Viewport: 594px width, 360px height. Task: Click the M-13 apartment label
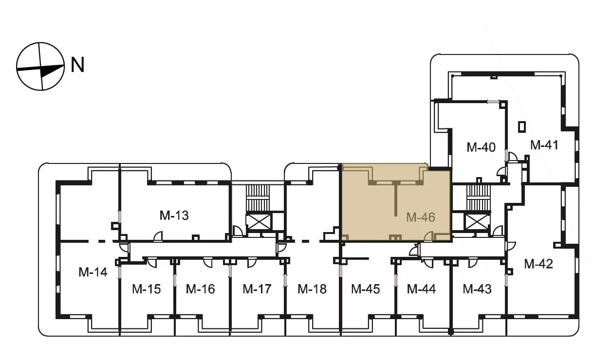click(174, 216)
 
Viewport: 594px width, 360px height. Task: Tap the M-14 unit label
click(93, 272)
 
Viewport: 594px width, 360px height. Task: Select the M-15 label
click(147, 289)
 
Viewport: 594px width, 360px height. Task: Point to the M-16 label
click(200, 289)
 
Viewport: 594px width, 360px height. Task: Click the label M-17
click(257, 289)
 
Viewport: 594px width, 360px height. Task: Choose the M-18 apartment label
click(312, 289)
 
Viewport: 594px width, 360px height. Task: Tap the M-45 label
click(366, 289)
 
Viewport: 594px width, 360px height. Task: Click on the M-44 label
click(421, 289)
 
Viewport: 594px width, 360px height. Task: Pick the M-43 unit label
click(477, 289)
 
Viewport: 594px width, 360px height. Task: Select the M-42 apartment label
click(538, 264)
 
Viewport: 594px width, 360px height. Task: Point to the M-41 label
click(544, 145)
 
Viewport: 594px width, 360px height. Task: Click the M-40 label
click(481, 147)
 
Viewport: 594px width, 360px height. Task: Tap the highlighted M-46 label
click(421, 217)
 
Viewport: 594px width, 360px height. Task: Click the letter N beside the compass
click(77, 65)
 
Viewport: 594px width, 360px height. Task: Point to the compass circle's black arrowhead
click(52, 71)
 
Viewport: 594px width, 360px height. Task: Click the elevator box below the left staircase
click(259, 222)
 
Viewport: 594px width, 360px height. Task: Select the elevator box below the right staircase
click(477, 222)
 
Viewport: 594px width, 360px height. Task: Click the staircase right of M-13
click(258, 198)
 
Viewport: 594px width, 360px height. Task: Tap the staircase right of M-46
click(479, 198)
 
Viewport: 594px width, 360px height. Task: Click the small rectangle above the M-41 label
click(522, 127)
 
